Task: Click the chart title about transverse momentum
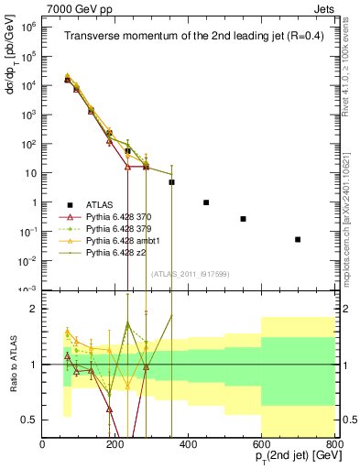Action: coord(192,37)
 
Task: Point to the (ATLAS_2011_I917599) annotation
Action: coord(188,273)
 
